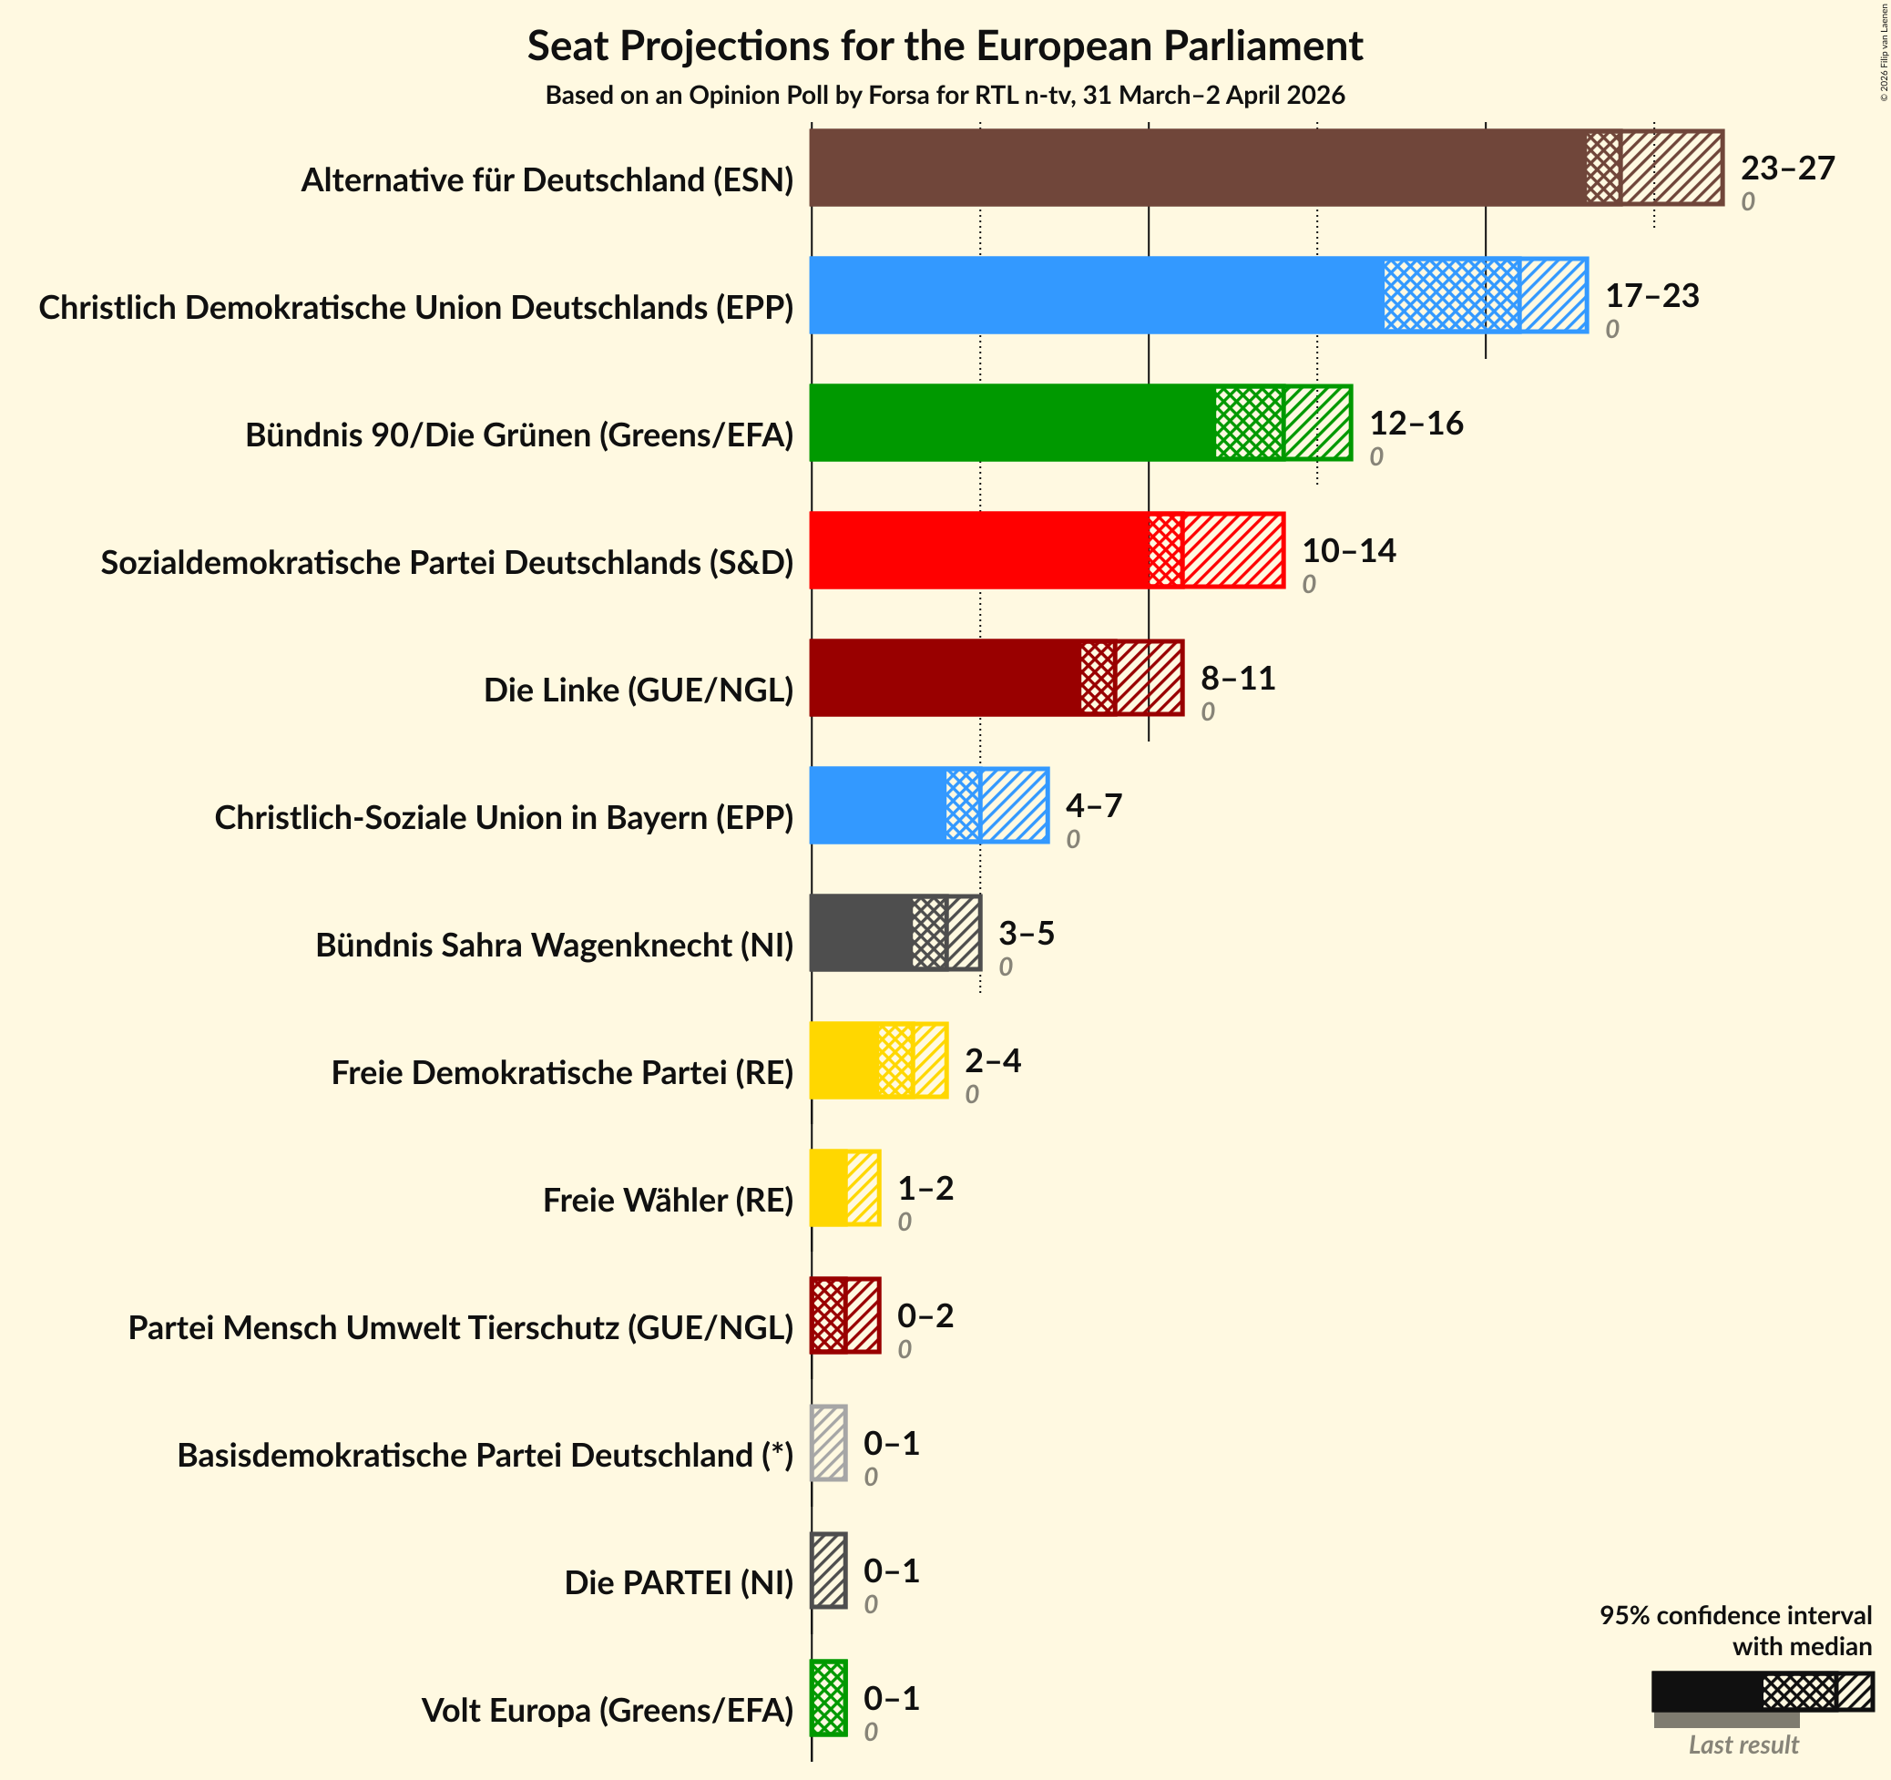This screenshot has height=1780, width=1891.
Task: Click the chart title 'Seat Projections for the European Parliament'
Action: [x=945, y=46]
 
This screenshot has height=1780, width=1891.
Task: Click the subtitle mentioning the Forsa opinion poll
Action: [x=945, y=95]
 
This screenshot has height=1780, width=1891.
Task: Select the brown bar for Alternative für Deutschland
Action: [x=1265, y=168]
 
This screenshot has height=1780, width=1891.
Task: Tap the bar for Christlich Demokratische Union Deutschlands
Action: [x=1198, y=295]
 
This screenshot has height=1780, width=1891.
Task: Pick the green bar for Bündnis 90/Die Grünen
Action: [x=1079, y=423]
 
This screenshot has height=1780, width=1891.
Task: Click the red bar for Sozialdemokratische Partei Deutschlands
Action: [x=1047, y=550]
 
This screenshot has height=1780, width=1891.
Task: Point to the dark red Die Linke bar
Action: [x=996, y=678]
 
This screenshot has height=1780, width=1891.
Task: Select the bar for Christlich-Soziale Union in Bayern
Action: [x=928, y=805]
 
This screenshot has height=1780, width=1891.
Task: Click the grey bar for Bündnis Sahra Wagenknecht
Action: [x=894, y=932]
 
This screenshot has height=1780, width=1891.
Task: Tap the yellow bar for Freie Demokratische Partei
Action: [x=878, y=1059]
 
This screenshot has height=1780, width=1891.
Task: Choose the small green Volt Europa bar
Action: [x=828, y=1697]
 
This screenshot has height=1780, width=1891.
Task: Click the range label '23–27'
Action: [x=1787, y=169]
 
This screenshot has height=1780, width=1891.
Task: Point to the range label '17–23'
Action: [x=1652, y=296]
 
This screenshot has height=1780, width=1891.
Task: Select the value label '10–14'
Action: [x=1348, y=551]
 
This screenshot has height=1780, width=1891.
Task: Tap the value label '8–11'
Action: [x=1238, y=679]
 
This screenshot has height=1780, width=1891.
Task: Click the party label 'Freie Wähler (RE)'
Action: [x=668, y=1201]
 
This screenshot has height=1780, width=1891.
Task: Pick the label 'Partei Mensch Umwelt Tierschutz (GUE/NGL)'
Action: [x=460, y=1328]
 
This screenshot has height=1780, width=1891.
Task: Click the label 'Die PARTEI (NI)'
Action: [x=679, y=1583]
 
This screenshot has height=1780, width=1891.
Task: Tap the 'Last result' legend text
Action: [x=1743, y=1744]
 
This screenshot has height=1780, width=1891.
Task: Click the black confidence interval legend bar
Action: [x=1762, y=1692]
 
